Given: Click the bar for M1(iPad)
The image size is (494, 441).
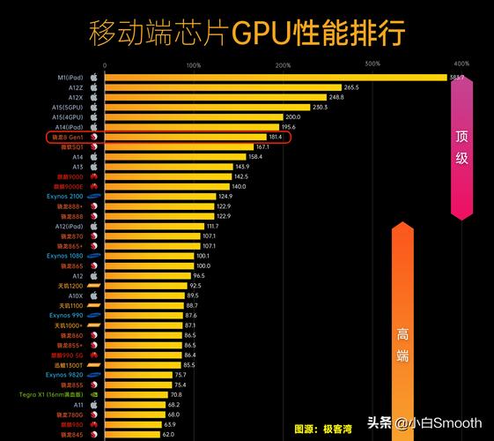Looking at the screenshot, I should click(x=273, y=78).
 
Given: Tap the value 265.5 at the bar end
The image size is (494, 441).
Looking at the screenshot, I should click(x=351, y=87).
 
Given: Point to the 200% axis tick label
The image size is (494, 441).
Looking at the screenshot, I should click(x=283, y=65).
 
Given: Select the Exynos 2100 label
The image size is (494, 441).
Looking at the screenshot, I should click(x=65, y=196).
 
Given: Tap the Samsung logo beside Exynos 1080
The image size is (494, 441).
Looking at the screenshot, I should click(x=93, y=256).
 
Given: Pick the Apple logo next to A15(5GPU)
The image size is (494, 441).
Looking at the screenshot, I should click(x=93, y=107).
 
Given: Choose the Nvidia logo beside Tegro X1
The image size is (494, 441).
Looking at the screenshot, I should click(x=93, y=394).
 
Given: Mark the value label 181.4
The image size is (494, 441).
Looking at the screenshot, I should click(x=276, y=137).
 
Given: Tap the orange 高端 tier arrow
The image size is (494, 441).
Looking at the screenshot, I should click(x=402, y=335).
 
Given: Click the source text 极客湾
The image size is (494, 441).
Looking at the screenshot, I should click(x=334, y=429).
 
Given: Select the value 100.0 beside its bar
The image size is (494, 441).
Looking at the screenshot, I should click(x=203, y=265).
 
